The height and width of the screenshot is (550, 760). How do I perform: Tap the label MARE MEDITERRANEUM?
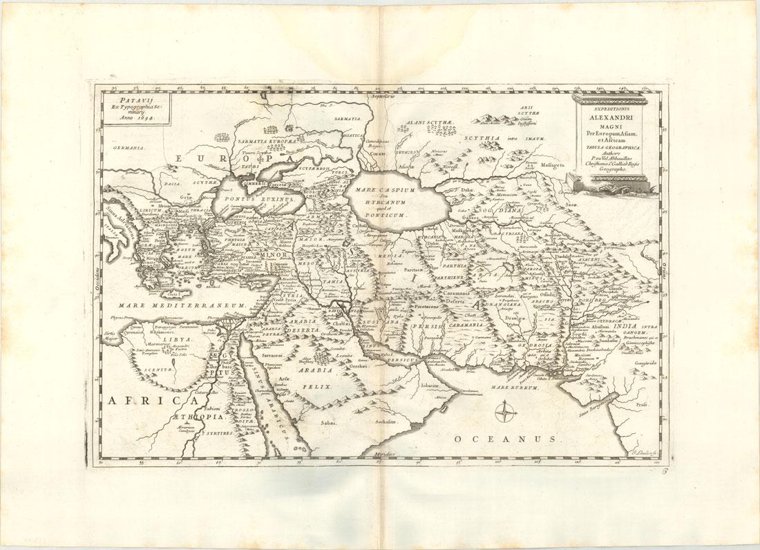click(x=182, y=305)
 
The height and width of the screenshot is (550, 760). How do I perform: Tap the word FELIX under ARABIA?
click(x=319, y=388)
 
